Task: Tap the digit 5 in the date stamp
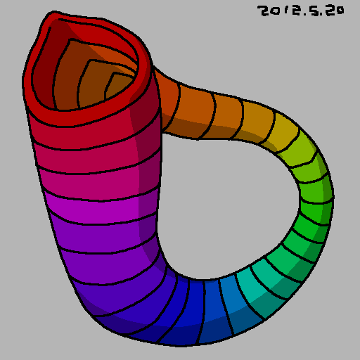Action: tap(316, 11)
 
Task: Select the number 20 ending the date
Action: tap(336, 11)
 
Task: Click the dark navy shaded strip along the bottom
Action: tap(176, 339)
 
